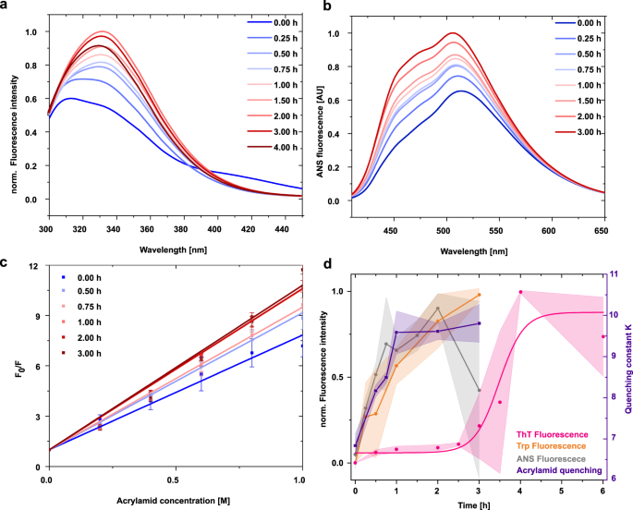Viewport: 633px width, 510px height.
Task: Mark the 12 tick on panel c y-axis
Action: (34, 267)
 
